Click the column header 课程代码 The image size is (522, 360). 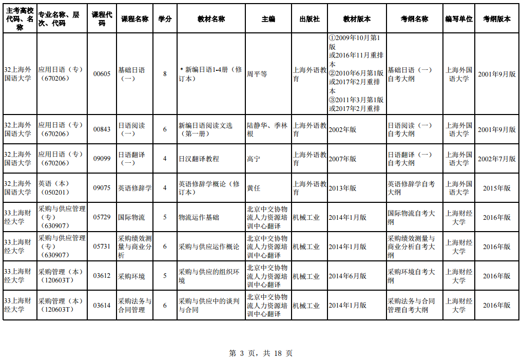(x=102, y=19)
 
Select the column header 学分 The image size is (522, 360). (x=165, y=19)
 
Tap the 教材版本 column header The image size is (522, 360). (x=357, y=19)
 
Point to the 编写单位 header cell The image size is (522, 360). (x=459, y=19)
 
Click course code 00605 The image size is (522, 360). (x=102, y=74)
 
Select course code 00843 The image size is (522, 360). (x=102, y=129)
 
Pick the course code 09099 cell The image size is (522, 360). (x=102, y=159)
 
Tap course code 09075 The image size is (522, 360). (x=102, y=188)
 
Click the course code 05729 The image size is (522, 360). (x=102, y=217)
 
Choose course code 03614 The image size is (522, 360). (x=102, y=306)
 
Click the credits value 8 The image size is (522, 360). (x=165, y=74)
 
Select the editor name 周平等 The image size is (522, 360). (x=257, y=74)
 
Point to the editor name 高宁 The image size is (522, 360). (x=254, y=159)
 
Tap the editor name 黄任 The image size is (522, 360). (x=254, y=188)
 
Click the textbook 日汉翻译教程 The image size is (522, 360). (x=199, y=159)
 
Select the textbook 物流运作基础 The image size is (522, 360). (x=199, y=218)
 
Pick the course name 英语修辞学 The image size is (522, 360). (x=135, y=188)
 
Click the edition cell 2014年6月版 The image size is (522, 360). (x=347, y=276)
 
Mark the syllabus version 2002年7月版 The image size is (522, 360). (x=497, y=159)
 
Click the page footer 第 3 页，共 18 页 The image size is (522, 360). (x=261, y=353)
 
